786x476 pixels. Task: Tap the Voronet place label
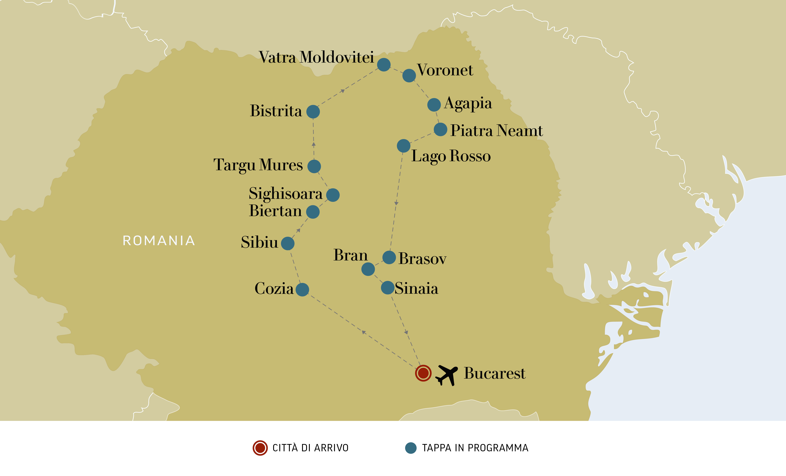(445, 70)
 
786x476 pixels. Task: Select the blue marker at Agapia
(434, 105)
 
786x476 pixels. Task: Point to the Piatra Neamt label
(496, 131)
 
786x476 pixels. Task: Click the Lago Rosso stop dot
(404, 146)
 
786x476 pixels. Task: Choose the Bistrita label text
(276, 111)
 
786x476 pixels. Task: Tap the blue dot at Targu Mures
(314, 166)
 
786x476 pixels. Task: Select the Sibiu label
(259, 242)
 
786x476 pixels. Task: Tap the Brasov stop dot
(389, 257)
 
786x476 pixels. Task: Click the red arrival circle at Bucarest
(423, 373)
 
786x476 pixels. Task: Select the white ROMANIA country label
(159, 241)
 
